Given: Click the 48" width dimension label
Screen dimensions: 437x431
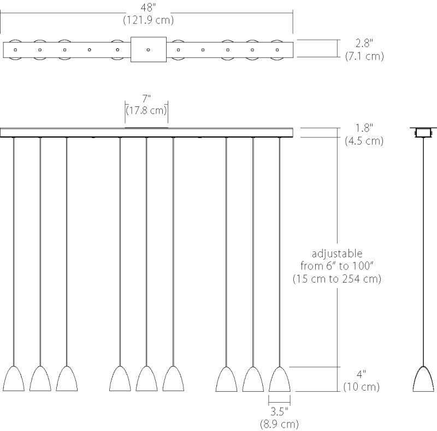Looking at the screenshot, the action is [x=148, y=8].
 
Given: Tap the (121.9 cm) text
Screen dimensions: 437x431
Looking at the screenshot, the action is [x=148, y=20].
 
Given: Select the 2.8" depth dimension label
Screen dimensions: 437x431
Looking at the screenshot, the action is [x=364, y=43].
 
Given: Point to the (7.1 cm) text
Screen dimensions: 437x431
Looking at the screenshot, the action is [x=364, y=56].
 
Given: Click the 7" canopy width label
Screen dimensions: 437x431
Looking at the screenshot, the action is [x=146, y=99].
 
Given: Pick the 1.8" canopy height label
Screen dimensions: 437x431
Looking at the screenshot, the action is [x=364, y=128].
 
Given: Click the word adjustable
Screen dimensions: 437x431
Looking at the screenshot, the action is [x=337, y=254].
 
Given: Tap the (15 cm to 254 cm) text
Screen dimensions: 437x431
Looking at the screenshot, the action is [x=337, y=279].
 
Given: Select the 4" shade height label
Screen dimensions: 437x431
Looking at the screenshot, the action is [x=361, y=374].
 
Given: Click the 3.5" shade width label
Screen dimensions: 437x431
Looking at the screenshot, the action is [x=279, y=411].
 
